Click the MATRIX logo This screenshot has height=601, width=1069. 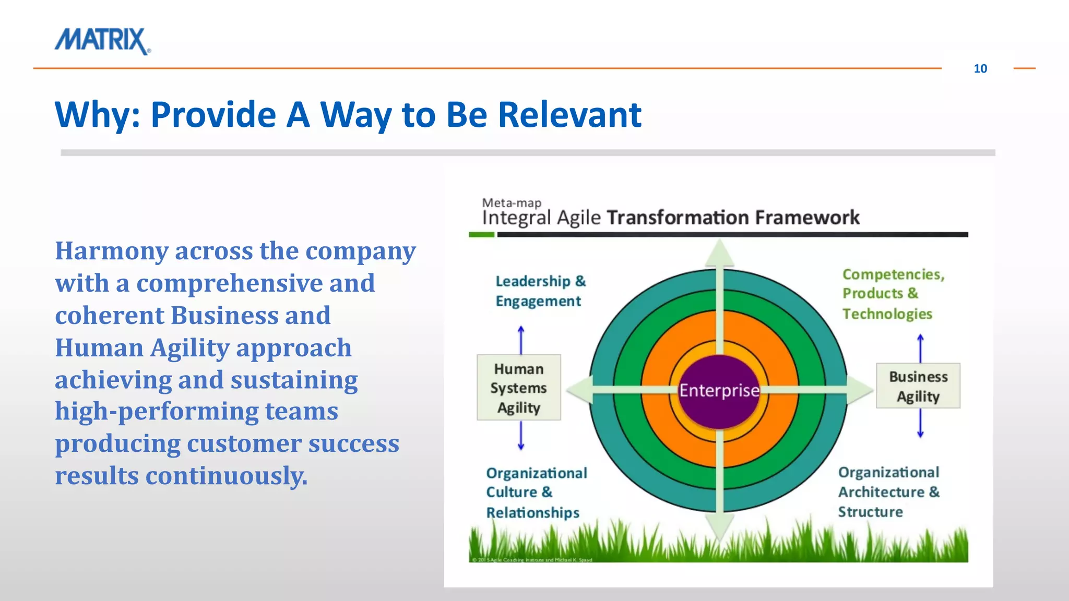click(x=102, y=41)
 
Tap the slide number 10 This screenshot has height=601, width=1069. click(x=980, y=68)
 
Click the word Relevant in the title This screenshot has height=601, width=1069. click(x=569, y=114)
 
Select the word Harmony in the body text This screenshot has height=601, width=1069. click(x=112, y=251)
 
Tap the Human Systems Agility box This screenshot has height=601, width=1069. click(x=518, y=388)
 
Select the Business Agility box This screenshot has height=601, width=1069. click(x=918, y=386)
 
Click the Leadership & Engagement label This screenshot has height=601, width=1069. click(x=540, y=291)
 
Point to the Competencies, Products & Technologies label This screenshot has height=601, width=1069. click(x=893, y=294)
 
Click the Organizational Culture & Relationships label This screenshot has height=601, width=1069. click(x=536, y=492)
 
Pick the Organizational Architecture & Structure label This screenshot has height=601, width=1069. click(x=888, y=492)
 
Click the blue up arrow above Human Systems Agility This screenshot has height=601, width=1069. click(x=520, y=339)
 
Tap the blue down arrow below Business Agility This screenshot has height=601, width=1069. click(x=920, y=424)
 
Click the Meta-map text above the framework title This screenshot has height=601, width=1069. click(x=511, y=202)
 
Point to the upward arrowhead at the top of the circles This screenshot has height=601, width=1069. click(x=720, y=253)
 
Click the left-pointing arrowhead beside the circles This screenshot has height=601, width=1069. click(x=578, y=390)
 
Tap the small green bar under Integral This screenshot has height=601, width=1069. click(x=481, y=235)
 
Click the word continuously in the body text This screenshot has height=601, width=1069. click(x=226, y=476)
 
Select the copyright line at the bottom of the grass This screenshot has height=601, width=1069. click(x=531, y=560)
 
